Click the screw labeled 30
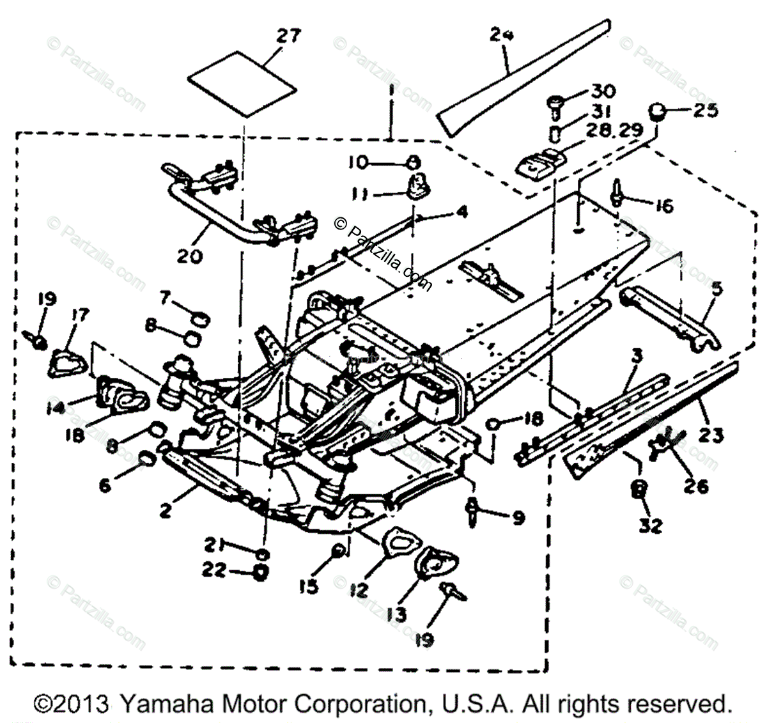point(555,100)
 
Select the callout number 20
point(190,256)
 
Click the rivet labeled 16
point(617,192)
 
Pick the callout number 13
point(397,614)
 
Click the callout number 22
point(214,569)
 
